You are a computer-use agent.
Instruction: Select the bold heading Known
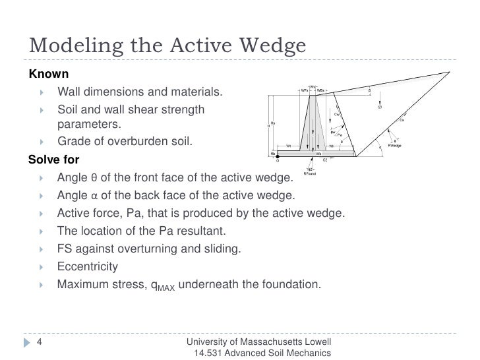(47, 73)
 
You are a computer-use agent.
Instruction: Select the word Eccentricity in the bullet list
(88, 267)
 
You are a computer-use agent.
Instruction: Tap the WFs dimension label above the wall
(305, 90)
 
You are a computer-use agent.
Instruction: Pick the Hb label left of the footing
(273, 152)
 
